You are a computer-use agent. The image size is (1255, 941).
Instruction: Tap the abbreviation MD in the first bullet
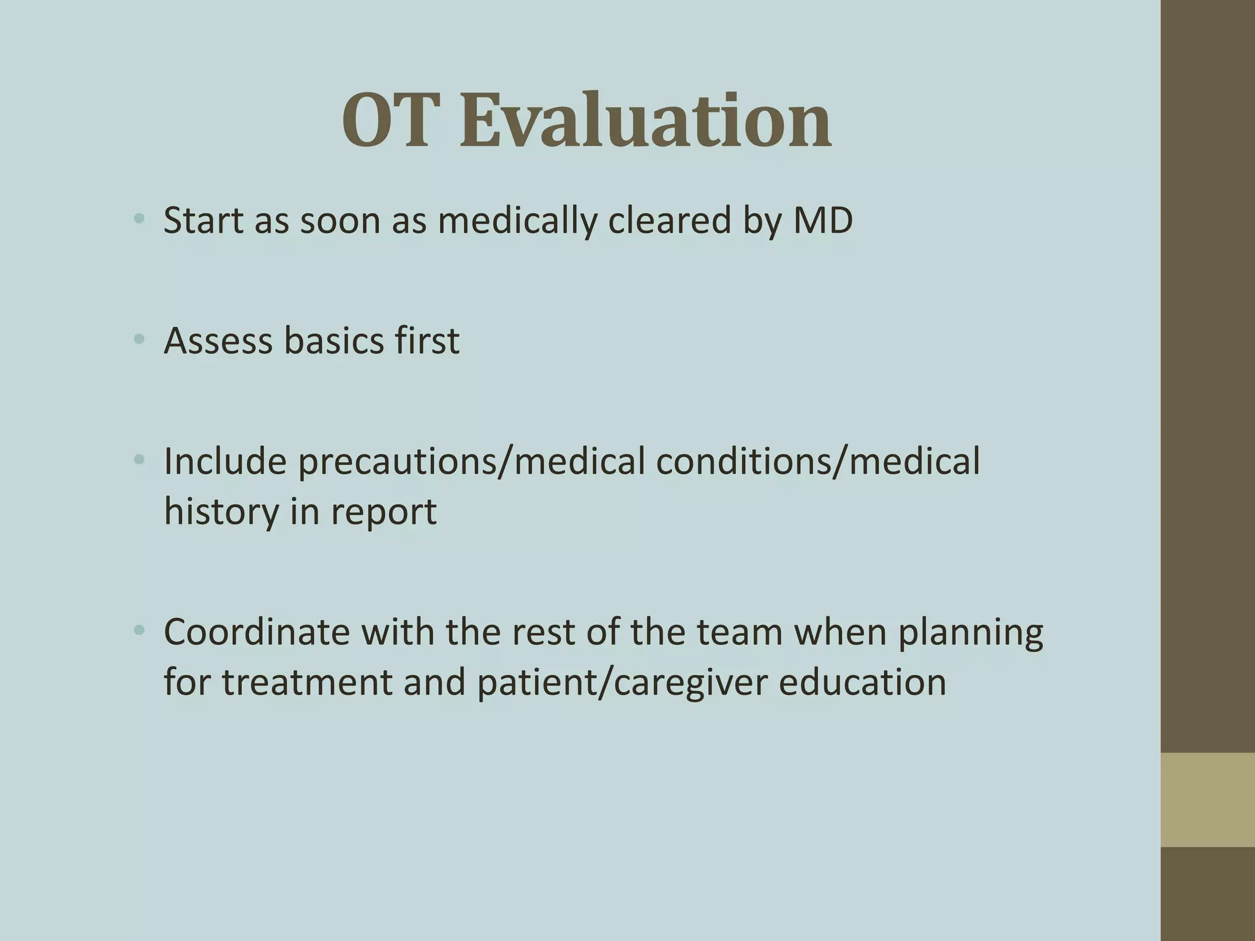click(822, 221)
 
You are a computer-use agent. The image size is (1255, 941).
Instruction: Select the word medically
click(517, 221)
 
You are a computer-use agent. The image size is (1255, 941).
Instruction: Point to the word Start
click(203, 221)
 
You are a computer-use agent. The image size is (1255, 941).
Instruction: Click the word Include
click(225, 461)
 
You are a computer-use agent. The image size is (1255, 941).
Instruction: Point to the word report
click(384, 512)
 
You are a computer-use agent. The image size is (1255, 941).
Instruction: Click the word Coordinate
click(256, 632)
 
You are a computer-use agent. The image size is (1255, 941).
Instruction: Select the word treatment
click(306, 682)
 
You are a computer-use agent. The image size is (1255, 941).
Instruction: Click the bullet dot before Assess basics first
click(139, 338)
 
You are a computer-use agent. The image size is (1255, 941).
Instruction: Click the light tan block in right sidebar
click(1207, 799)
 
